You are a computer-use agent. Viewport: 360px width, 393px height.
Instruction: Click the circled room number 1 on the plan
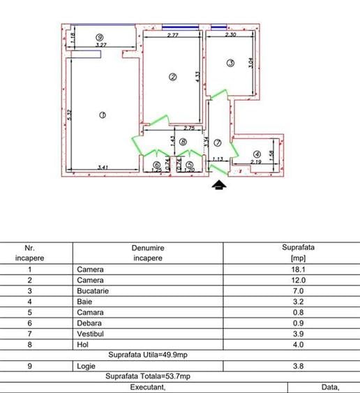point(103,115)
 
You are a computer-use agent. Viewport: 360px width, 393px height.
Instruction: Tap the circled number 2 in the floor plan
point(173,77)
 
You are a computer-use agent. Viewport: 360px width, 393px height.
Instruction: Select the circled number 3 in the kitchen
point(231,64)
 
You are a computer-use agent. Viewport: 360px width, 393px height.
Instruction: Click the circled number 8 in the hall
point(183,142)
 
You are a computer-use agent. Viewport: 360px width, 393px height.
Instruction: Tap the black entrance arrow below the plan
point(219,185)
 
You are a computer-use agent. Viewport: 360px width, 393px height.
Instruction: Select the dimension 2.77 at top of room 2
point(174,35)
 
